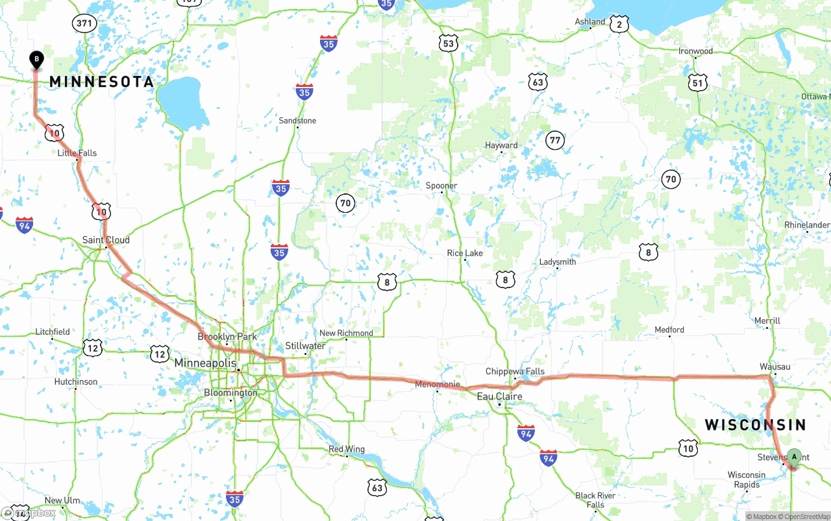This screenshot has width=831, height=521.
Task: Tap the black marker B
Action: [x=37, y=60]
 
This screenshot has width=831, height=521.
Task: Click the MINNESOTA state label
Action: [x=102, y=82]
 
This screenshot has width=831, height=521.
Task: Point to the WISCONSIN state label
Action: [x=755, y=425]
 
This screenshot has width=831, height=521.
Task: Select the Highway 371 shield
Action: [x=84, y=24]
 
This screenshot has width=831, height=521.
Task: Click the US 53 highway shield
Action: [x=449, y=43]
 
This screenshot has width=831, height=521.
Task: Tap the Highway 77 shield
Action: [x=554, y=140]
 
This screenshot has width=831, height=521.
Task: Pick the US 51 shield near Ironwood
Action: [x=697, y=83]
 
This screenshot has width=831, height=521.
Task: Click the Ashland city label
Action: [x=590, y=22]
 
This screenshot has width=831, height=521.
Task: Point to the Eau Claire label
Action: [x=499, y=396]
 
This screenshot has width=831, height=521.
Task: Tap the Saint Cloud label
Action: [x=106, y=240]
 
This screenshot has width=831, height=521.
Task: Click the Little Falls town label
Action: [x=77, y=153]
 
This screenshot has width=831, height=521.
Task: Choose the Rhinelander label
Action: [x=807, y=225]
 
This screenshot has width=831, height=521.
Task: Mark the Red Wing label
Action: [x=347, y=449]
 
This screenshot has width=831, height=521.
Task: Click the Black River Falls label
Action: [x=595, y=500]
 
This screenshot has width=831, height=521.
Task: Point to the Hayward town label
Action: [x=501, y=145]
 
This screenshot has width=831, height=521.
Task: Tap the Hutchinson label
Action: [x=76, y=382]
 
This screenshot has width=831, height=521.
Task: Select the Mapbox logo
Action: [x=29, y=513]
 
